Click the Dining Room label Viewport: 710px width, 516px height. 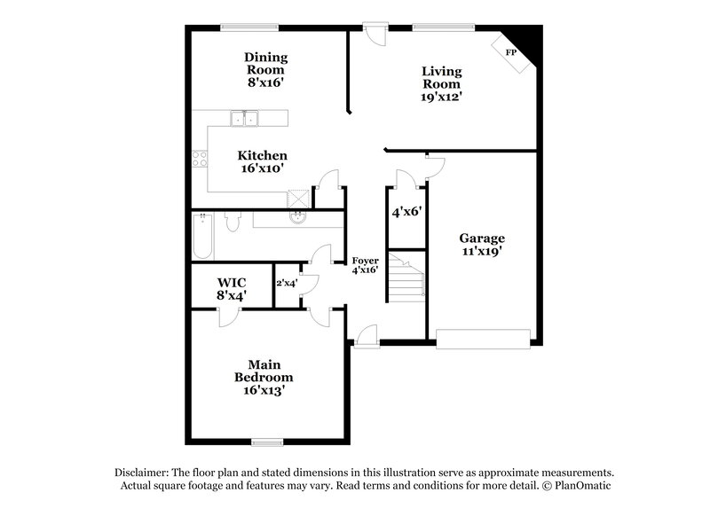point(266,69)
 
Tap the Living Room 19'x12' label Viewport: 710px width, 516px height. point(442,84)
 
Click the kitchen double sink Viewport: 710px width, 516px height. point(243,118)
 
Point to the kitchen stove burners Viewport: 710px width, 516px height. point(200,160)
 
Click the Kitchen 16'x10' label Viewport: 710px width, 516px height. point(262,161)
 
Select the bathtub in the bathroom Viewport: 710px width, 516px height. point(203,235)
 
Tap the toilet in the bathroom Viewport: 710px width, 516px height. point(232,222)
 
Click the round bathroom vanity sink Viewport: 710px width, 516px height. point(299,218)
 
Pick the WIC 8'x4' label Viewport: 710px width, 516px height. point(232,288)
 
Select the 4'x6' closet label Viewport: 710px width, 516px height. point(406,213)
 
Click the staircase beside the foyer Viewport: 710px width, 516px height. point(407,277)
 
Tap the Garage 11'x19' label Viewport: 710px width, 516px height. point(482,245)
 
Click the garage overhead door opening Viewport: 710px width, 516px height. point(483,337)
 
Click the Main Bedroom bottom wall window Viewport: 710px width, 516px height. point(266,441)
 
